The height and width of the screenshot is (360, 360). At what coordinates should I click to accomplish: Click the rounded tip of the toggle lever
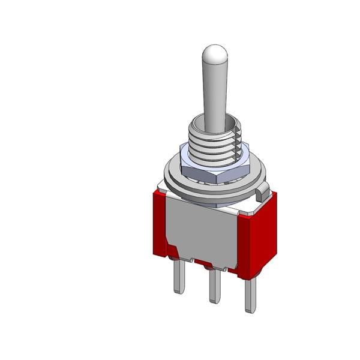pos(213,55)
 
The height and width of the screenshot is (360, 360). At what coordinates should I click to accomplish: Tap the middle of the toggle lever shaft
pos(213,96)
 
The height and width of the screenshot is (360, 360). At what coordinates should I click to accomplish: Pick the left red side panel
pos(160,222)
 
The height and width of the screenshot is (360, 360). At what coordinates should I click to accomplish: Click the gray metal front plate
pos(204,231)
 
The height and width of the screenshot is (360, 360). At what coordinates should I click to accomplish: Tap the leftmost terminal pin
pos(179,276)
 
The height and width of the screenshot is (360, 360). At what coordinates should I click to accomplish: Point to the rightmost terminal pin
pos(250,294)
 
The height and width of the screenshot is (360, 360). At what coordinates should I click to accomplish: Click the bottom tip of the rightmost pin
pos(250,310)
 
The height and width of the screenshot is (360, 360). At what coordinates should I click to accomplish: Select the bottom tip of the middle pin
pos(214,300)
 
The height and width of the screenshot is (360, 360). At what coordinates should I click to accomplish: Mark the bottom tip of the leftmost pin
pos(179,290)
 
